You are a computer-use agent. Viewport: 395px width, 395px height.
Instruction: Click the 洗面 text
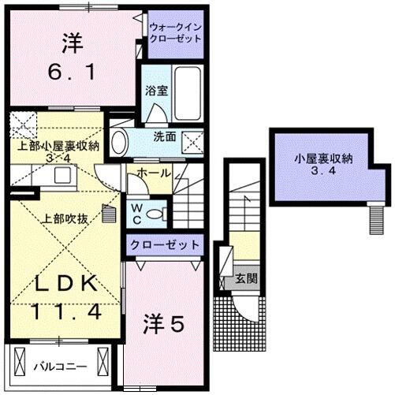tap(164, 136)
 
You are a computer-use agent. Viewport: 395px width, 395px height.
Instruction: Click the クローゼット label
tap(165, 244)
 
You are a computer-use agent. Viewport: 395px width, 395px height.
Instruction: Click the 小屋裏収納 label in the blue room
tap(323, 158)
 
